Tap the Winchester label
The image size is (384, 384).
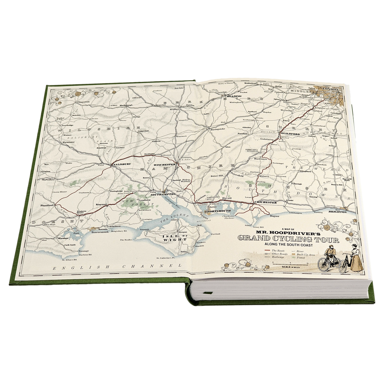point(165,164)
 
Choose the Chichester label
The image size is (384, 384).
point(265,202)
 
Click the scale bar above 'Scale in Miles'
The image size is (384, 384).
point(290,264)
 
